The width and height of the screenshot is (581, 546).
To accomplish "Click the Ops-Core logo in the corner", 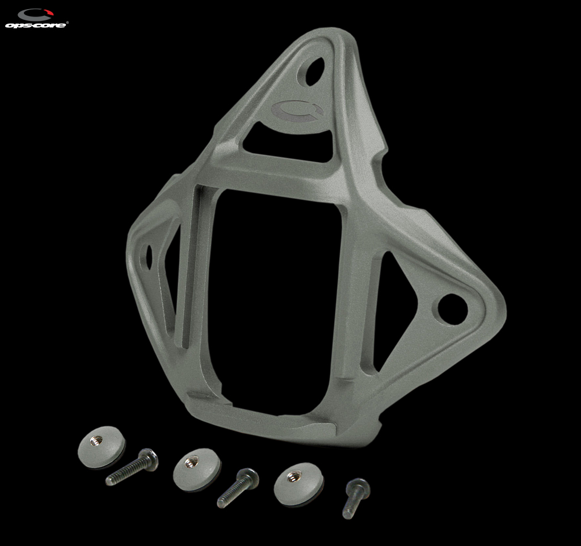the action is [36, 19].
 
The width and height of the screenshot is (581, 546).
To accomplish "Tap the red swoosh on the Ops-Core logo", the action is [48, 12].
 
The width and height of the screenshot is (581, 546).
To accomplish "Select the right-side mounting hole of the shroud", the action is [452, 309].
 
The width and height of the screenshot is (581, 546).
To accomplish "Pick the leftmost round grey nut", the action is [102, 447].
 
